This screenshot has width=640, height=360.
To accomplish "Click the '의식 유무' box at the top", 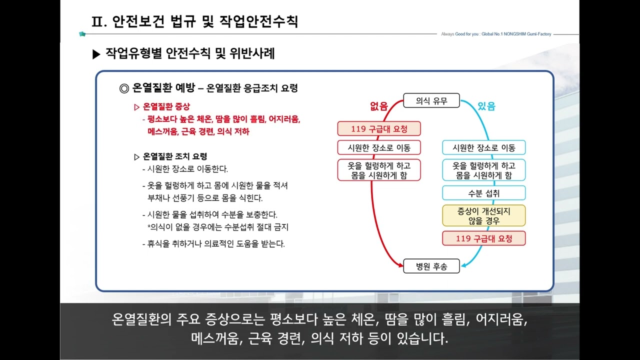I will point(431,101).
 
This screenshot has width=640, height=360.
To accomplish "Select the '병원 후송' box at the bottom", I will point(431,266).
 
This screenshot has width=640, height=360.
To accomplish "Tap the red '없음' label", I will point(378,105).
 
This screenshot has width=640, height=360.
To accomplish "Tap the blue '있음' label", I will point(486,105).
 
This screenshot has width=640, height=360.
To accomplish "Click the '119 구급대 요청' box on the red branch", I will point(379,128).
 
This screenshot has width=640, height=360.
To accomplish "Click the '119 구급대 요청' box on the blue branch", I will point(484,238).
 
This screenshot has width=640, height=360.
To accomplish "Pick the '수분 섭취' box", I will point(484,193).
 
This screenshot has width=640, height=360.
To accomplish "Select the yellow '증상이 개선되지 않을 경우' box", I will point(484,215).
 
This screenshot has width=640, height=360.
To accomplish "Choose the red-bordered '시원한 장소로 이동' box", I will point(379,147).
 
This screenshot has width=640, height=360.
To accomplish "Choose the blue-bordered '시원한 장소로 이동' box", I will point(484,147).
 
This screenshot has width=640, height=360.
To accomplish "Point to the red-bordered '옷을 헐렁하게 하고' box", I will point(379,170).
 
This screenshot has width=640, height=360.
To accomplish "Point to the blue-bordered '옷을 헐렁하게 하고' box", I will point(484,170).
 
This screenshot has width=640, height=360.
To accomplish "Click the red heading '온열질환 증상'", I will point(166,106).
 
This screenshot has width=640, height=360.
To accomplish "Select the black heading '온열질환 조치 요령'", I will point(174,156).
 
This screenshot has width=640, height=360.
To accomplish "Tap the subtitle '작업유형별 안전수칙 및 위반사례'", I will point(190,53).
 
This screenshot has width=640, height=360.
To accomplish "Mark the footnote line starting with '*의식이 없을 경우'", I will point(218,227).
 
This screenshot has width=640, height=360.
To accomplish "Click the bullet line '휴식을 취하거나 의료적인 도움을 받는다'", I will point(215,244).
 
